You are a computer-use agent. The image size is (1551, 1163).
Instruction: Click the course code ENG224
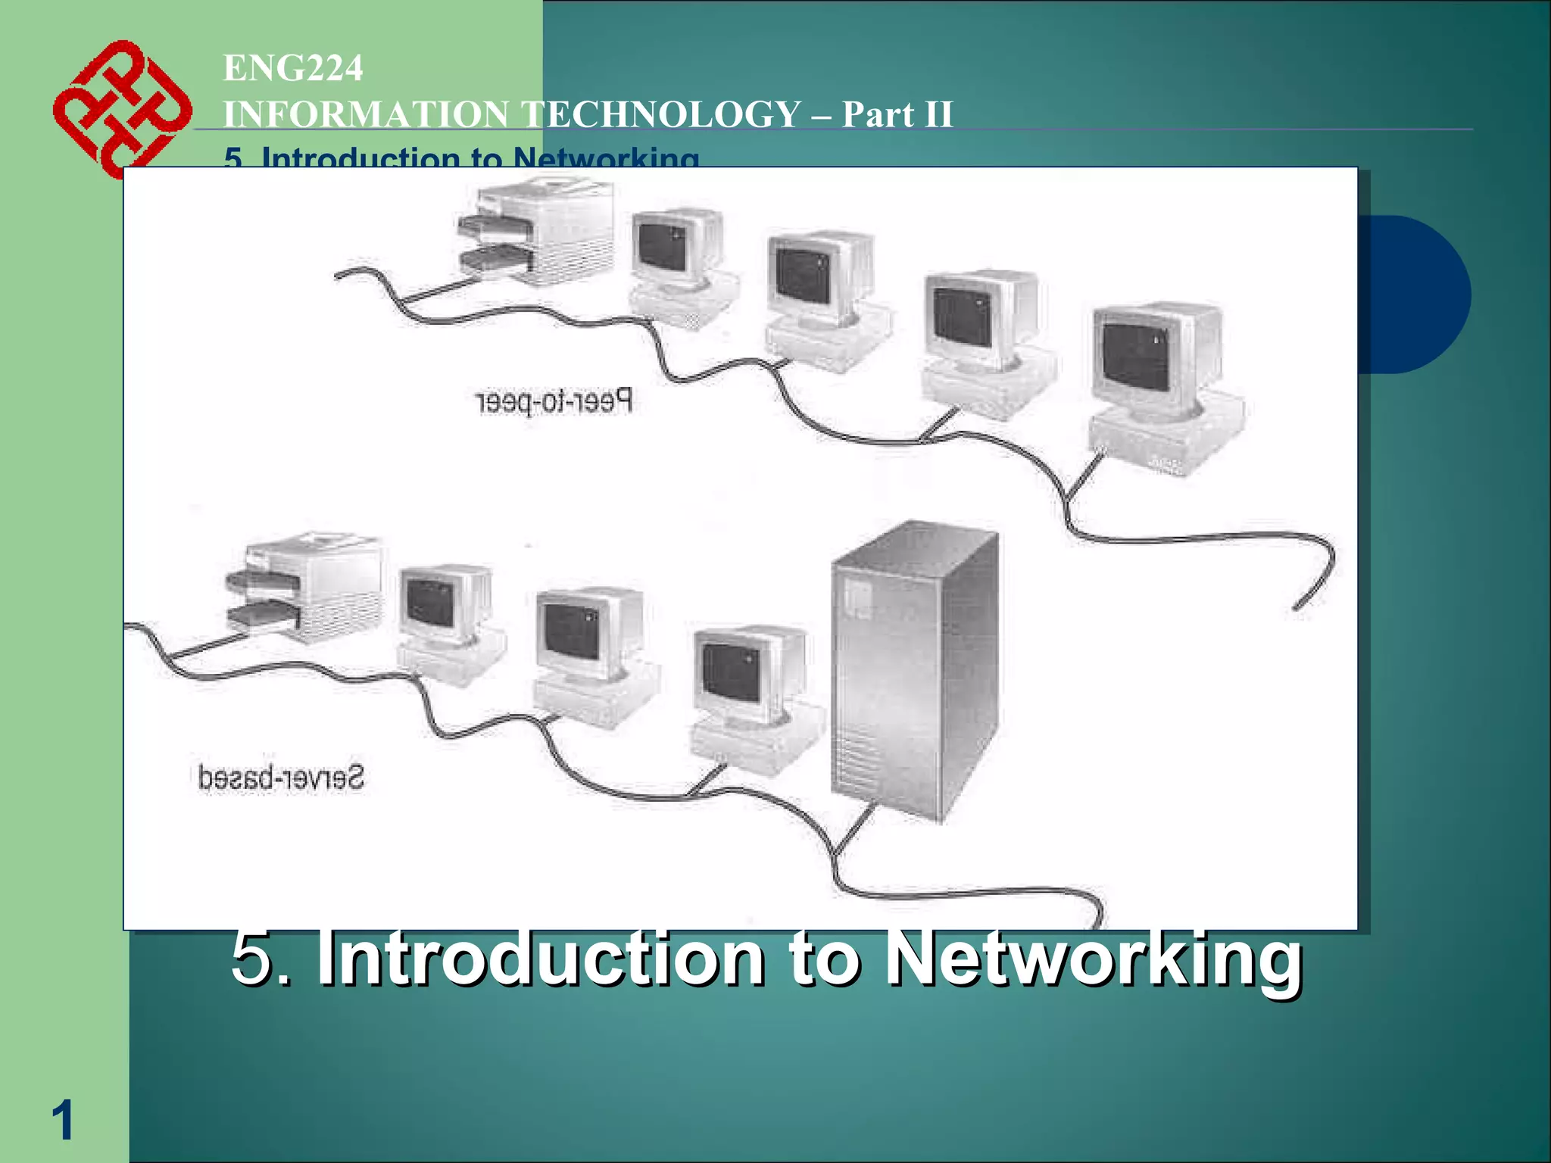(x=293, y=68)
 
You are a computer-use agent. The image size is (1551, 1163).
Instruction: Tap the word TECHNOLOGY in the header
(x=663, y=115)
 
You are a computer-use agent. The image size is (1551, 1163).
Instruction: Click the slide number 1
(x=62, y=1120)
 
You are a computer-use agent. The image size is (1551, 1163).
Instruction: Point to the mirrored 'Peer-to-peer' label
(x=554, y=401)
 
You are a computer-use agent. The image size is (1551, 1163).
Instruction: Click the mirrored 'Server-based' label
(x=281, y=778)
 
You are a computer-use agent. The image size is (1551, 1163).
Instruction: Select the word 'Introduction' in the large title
(x=541, y=959)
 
